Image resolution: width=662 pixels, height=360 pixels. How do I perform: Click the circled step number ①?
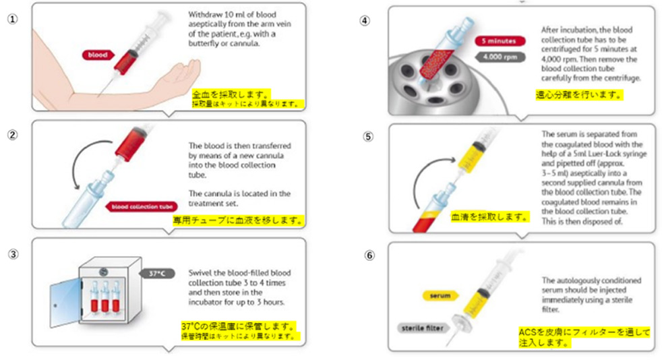[x=11, y=19]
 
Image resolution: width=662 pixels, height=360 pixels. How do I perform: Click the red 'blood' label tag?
[x=97, y=55]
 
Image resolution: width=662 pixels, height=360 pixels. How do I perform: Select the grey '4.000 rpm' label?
[x=498, y=58]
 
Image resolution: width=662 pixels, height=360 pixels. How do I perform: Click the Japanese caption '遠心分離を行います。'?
[x=578, y=95]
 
